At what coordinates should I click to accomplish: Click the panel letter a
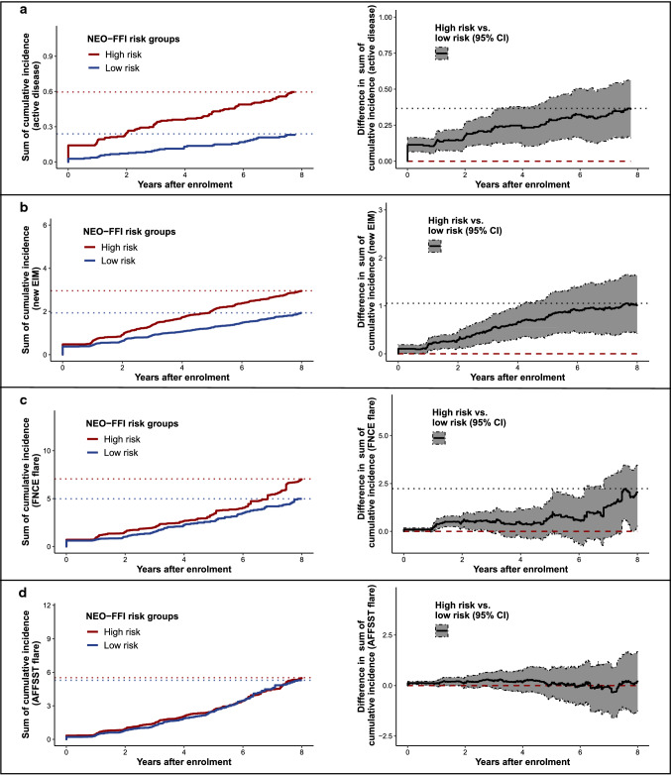click(9, 8)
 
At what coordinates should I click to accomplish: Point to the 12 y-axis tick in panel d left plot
click(48, 605)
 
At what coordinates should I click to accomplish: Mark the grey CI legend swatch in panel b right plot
click(434, 246)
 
